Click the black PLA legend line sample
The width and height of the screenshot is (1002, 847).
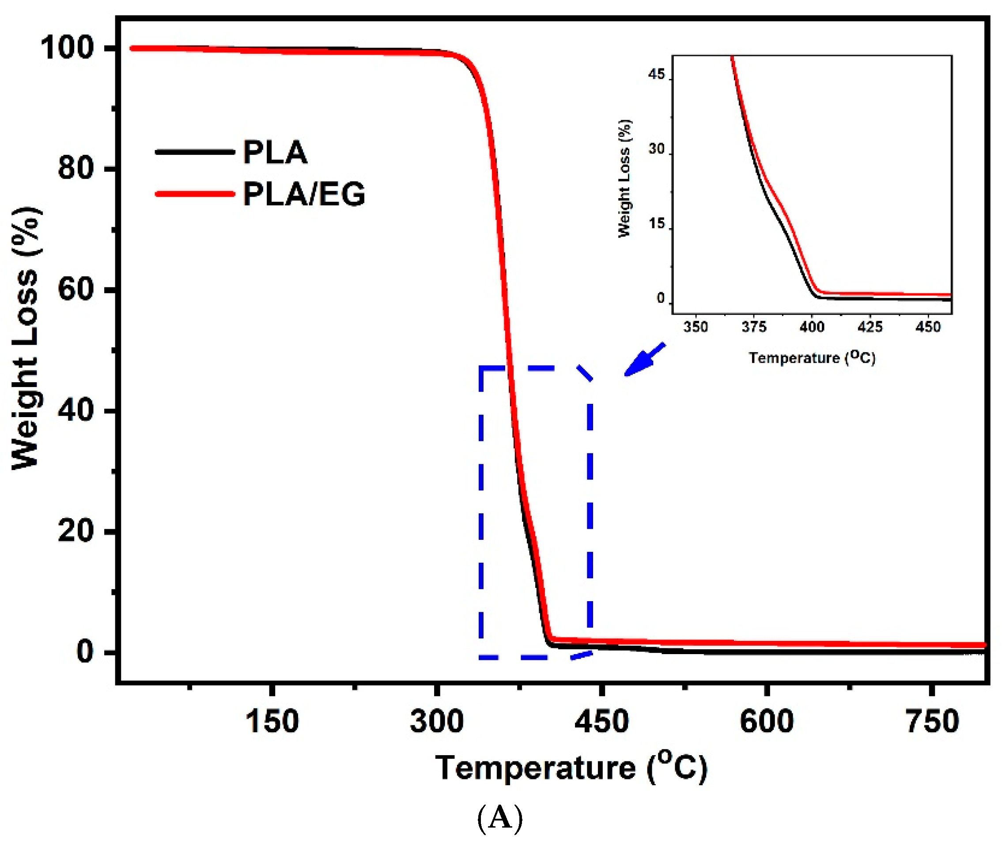195,152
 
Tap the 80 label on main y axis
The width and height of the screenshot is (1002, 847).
75,169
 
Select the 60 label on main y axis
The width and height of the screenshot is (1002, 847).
75,290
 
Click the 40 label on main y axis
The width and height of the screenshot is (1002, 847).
75,410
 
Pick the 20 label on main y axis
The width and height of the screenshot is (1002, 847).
75,531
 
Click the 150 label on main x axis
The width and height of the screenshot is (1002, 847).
272,721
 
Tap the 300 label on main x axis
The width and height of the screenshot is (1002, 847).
437,721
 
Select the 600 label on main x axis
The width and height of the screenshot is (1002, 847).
767,721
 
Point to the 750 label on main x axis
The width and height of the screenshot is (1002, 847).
932,721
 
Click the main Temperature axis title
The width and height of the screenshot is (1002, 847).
571,768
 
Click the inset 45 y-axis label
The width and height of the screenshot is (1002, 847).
656,75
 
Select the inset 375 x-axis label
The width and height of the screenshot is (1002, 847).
754,327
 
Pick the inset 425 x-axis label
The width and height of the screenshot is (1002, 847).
870,327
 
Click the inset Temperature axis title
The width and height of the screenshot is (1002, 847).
812,358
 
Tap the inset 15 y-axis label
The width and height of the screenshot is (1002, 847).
656,224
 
